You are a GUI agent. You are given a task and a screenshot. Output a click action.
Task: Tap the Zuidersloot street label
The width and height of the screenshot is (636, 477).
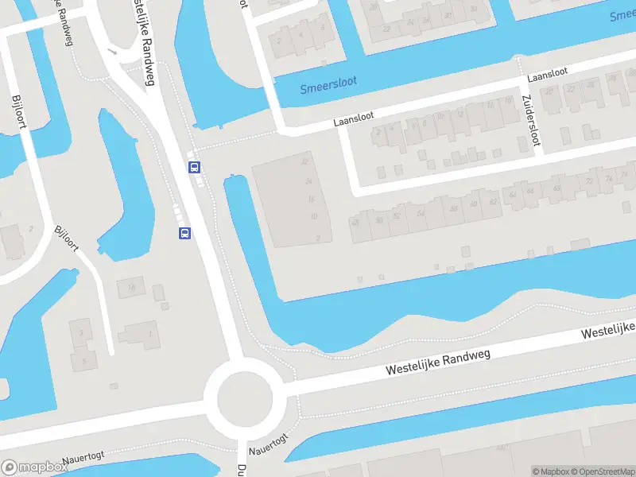pyautogui.click(x=531, y=120)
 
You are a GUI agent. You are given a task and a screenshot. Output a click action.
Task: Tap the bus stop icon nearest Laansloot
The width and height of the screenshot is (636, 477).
pyautogui.click(x=194, y=167)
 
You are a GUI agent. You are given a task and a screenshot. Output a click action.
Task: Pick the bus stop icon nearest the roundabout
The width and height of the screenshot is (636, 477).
pyautogui.click(x=184, y=233)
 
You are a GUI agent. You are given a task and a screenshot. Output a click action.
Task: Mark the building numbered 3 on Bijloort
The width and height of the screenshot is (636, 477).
pyautogui.click(x=80, y=332)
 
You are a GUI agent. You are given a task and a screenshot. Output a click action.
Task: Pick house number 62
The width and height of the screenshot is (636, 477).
pyautogui.click(x=494, y=202)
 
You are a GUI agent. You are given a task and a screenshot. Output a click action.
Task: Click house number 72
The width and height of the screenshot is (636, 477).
pyautogui.click(x=589, y=182)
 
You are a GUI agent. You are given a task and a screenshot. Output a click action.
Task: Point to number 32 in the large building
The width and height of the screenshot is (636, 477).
pyautogui.click(x=304, y=161)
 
